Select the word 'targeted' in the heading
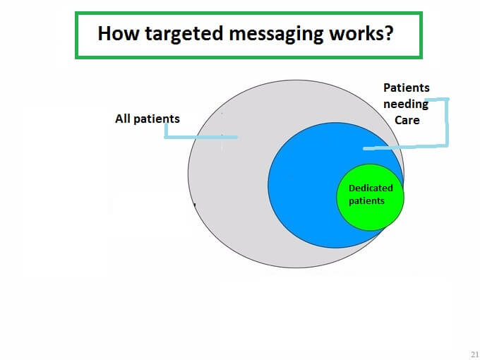pyautogui.click(x=184, y=35)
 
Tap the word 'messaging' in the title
pyautogui.click(x=276, y=35)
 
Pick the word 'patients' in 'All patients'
pyautogui.click(x=157, y=119)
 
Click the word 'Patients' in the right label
pyautogui.click(x=407, y=88)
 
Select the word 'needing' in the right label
pyautogui.click(x=406, y=104)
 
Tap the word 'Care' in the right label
pyautogui.click(x=407, y=120)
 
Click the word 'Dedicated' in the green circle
pyautogui.click(x=371, y=188)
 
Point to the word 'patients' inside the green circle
pyautogui.click(x=366, y=201)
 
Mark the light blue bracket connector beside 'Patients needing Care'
pyautogui.click(x=447, y=122)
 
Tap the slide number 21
pyautogui.click(x=474, y=354)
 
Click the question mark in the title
pyautogui.click(x=389, y=33)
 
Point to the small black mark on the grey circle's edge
pyautogui.click(x=194, y=205)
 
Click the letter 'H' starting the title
pyautogui.click(x=104, y=33)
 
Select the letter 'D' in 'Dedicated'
pyautogui.click(x=352, y=188)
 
